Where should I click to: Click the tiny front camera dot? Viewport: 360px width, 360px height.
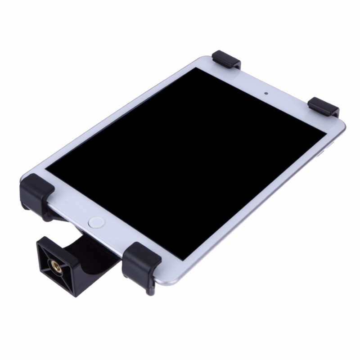coord(266,94)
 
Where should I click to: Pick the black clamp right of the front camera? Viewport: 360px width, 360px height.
coord(324,106)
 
